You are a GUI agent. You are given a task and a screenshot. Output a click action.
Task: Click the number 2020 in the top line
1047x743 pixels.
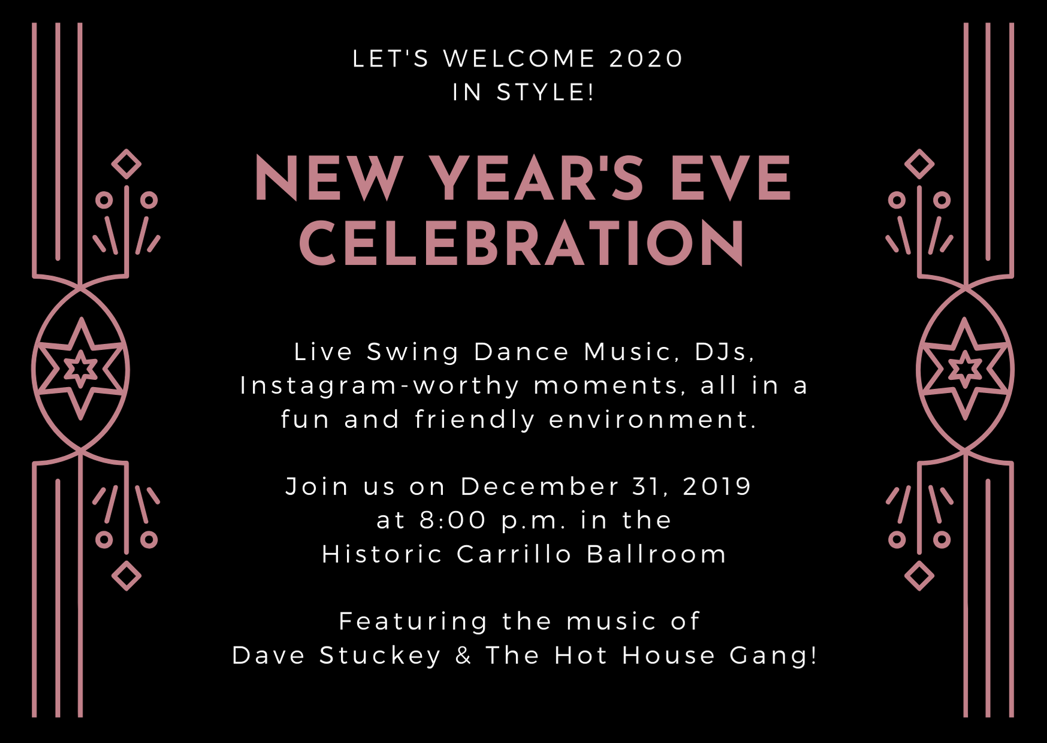tap(645, 59)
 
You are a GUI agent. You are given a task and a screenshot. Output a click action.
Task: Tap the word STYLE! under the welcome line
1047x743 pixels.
tap(545, 92)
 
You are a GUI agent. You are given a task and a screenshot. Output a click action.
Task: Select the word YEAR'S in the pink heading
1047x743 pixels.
tap(536, 178)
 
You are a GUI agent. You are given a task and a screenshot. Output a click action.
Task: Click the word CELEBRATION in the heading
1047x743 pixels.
tap(522, 243)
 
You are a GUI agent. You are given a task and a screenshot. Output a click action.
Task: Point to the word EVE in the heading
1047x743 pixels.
tap(731, 178)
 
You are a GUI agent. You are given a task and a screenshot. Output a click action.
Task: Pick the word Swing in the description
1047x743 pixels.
tap(412, 352)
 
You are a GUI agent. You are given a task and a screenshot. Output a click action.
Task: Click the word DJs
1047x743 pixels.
tap(724, 352)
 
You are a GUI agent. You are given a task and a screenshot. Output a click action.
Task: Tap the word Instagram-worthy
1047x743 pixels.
tap(380, 386)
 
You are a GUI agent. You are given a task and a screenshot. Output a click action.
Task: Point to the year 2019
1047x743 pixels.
tap(717, 487)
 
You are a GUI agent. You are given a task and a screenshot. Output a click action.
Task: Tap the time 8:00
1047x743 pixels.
tap(452, 520)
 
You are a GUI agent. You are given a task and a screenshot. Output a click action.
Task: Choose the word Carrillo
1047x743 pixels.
tap(514, 554)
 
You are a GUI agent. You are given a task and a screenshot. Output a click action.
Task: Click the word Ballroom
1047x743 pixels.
tap(656, 554)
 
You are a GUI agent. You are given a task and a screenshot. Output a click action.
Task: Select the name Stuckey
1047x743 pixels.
tap(380, 656)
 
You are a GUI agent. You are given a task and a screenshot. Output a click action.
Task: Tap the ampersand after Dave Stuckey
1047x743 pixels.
tap(463, 656)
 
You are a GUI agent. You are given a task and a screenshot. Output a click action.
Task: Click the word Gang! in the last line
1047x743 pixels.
tap(773, 656)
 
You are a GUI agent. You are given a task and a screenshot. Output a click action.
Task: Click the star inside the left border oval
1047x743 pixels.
tap(81, 369)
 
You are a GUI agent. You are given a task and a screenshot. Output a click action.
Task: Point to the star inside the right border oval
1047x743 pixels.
tap(965, 369)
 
